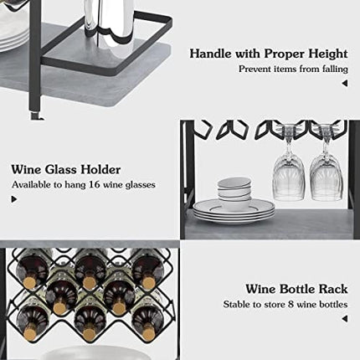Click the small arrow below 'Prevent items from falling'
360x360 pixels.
point(344,82)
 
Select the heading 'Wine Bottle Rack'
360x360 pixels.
point(296,289)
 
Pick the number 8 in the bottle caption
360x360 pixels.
point(284,304)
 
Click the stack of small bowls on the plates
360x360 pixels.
point(234,188)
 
